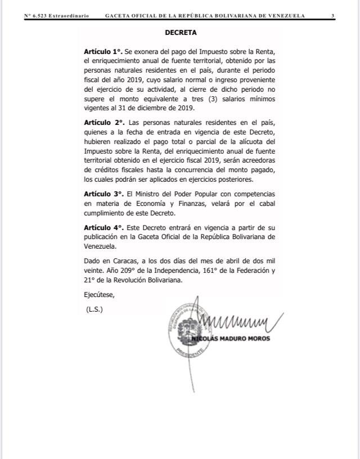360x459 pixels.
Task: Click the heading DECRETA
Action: [181, 33]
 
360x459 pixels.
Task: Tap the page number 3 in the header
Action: [332, 16]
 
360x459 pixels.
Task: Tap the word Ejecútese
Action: [98, 295]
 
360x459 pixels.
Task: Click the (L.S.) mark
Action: [94, 309]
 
